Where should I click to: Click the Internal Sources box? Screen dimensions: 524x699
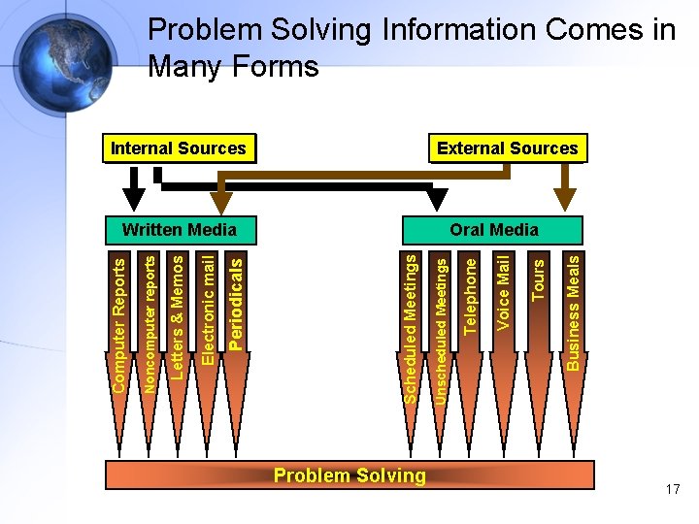point(179,148)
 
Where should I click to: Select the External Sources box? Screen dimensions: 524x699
point(507,148)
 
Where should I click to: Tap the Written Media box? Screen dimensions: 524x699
point(180,230)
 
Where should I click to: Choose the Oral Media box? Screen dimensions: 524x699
point(494,230)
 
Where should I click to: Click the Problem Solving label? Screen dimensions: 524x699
point(349,475)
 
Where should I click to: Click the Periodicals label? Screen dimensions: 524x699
point(236,301)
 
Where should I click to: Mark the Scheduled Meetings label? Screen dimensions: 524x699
point(411,328)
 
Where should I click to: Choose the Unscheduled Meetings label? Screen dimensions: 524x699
point(440,324)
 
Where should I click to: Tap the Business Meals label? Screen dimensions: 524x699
point(573,311)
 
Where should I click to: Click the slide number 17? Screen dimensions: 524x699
point(673,490)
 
